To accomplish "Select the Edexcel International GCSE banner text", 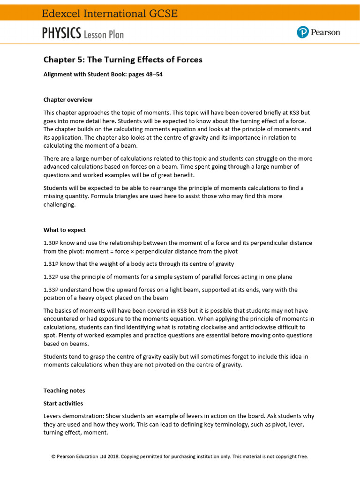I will click(110, 14).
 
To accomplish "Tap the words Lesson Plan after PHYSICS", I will click(104, 34).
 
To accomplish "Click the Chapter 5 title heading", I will click(123, 60).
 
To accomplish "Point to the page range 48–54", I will click(153, 75).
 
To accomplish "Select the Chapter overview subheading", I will click(68, 99).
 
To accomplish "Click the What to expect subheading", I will click(65, 230).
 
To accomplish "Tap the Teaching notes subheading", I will click(64, 390).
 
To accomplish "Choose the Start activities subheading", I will click(63, 403).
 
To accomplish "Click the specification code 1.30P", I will click(51, 243).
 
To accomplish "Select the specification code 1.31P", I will click(51, 264).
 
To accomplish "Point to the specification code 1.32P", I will click(51, 277).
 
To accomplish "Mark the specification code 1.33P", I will click(51, 290).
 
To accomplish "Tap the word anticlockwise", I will click(257, 327).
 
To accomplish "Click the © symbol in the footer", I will click(53, 456).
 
